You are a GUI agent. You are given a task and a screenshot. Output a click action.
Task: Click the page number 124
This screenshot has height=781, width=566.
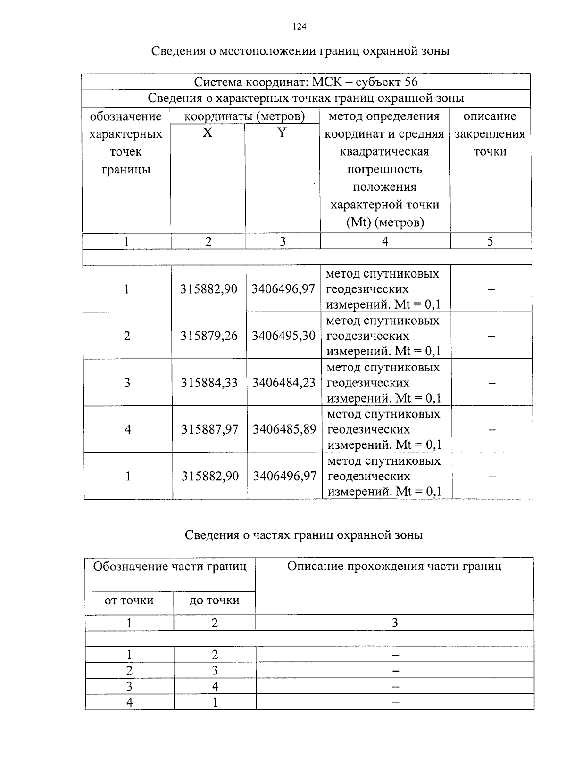(300, 27)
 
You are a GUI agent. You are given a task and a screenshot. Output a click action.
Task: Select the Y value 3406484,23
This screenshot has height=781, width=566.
(283, 382)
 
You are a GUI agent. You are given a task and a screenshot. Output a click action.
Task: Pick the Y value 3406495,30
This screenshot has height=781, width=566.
(283, 336)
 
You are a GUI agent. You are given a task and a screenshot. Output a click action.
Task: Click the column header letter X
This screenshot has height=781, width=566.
(208, 133)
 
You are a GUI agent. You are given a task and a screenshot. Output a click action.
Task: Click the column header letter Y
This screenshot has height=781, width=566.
(282, 133)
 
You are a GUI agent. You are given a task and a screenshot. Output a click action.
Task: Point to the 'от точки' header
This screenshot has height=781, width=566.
(129, 600)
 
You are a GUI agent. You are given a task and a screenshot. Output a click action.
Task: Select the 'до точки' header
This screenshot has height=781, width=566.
(214, 600)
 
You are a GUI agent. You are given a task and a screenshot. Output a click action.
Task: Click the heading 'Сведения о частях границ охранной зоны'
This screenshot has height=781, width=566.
(303, 534)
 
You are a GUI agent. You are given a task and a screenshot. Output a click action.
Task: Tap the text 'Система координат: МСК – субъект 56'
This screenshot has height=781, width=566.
(306, 82)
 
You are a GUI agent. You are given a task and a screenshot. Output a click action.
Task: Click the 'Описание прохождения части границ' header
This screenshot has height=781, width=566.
(394, 566)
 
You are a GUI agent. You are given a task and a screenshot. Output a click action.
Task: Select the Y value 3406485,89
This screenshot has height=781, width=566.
(284, 429)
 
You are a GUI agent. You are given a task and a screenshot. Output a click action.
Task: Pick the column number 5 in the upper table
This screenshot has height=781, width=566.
(490, 241)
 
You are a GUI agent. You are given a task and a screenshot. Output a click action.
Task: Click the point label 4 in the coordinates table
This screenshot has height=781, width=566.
(127, 429)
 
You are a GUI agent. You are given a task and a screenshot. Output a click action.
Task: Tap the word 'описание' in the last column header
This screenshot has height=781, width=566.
(490, 116)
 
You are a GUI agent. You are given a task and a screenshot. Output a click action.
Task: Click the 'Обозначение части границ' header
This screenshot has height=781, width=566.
(170, 566)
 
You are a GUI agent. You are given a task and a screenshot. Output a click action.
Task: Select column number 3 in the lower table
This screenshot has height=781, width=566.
(395, 623)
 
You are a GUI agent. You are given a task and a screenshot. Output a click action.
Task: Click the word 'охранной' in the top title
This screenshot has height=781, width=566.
(388, 50)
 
